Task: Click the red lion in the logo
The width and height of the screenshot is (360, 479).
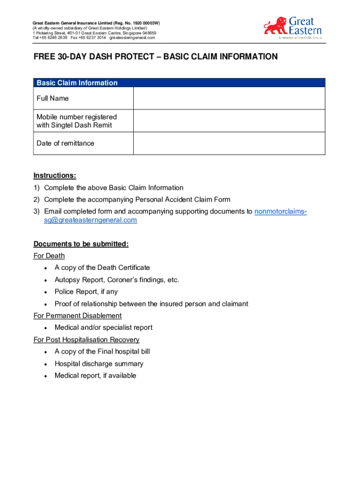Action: coord(275,26)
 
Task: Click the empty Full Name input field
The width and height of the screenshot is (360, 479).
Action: coord(229,98)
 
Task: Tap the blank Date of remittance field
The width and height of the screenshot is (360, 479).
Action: coord(229,143)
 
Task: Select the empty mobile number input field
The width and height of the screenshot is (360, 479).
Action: coord(229,121)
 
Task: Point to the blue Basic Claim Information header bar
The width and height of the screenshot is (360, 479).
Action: coord(180,83)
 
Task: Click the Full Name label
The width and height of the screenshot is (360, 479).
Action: coord(53,98)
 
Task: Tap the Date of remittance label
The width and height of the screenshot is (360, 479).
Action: coord(65,143)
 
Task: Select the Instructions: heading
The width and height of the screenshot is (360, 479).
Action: coord(55,175)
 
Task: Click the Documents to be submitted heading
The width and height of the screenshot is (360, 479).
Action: coord(81,244)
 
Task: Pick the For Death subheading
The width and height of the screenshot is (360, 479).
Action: coord(49,256)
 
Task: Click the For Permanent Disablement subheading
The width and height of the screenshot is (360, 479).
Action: coord(78,316)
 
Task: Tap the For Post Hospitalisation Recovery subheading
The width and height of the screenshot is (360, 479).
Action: coord(86,340)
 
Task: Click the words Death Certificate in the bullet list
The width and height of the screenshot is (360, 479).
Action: coord(124,268)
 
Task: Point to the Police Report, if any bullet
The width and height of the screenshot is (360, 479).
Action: coord(86,291)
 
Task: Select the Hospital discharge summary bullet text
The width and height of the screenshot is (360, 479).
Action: coord(99,363)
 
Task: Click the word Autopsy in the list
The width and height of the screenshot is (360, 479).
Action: coord(66,280)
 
